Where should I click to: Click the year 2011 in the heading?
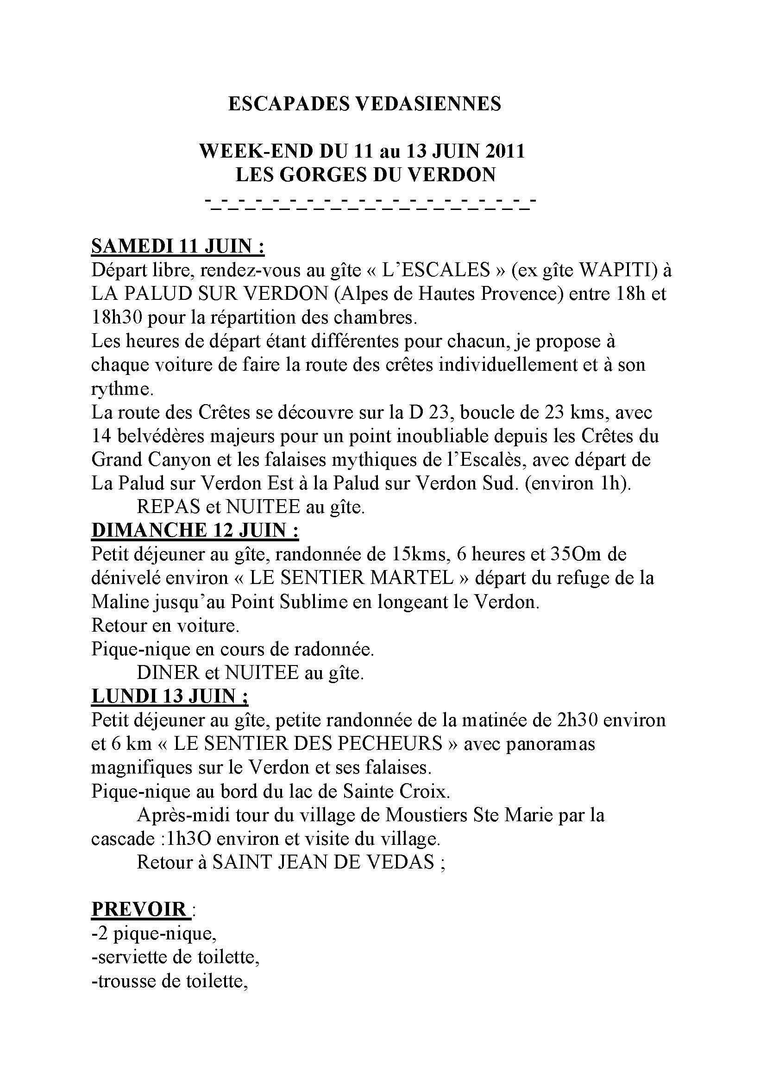tap(504, 151)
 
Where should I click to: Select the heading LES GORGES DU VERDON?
tap(365, 175)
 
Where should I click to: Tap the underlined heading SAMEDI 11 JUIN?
tap(177, 247)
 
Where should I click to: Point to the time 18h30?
tap(117, 317)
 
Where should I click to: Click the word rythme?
tap(122, 389)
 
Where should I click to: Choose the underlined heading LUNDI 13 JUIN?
tap(170, 696)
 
